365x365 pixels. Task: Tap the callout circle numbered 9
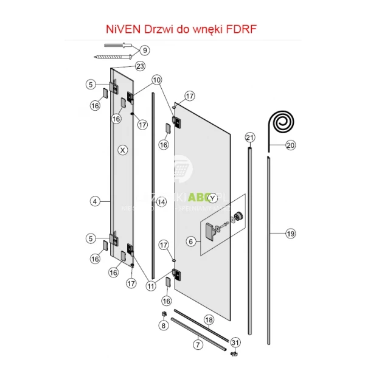145,50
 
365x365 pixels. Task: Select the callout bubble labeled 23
141,66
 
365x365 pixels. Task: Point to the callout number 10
157,80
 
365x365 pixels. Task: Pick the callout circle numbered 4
95,200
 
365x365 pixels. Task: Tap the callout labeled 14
161,202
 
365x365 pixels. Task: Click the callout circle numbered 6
190,242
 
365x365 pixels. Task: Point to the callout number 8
163,325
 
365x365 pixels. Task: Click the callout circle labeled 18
209,320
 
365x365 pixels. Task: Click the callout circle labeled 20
290,145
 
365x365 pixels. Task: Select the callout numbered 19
290,233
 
